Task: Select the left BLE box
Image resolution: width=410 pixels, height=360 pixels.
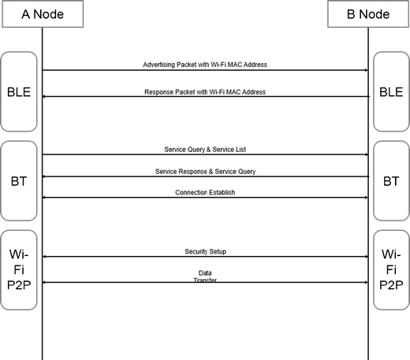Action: tap(18, 91)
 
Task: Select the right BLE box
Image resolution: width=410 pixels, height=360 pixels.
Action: tap(391, 91)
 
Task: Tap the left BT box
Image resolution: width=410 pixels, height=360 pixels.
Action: tap(18, 181)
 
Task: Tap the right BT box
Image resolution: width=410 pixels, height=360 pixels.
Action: tap(391, 181)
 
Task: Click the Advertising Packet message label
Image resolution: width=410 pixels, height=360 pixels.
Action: tap(205, 64)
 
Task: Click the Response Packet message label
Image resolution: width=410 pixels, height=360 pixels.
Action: tap(205, 91)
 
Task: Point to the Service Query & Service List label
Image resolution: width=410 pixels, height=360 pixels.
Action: tap(205, 149)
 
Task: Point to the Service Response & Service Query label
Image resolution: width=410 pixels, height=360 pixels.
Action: tap(205, 171)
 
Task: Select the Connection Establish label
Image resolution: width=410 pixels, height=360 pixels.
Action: tap(205, 191)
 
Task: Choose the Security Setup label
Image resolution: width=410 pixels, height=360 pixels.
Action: tap(205, 251)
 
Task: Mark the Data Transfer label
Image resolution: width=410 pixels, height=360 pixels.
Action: tap(205, 276)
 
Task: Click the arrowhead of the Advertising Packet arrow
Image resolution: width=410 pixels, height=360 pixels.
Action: tap(366, 70)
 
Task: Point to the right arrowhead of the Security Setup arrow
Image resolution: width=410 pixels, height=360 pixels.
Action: tap(366, 257)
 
